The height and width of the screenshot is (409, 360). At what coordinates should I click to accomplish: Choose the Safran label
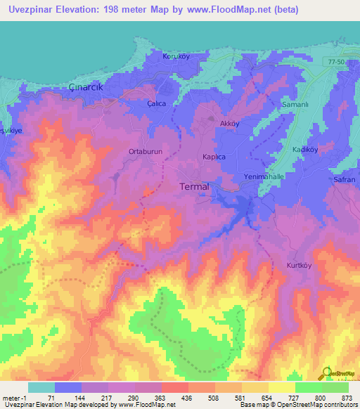[345, 180]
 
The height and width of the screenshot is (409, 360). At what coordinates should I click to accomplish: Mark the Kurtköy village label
[302, 266]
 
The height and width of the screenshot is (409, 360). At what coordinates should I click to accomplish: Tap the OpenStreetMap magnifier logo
[325, 372]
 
